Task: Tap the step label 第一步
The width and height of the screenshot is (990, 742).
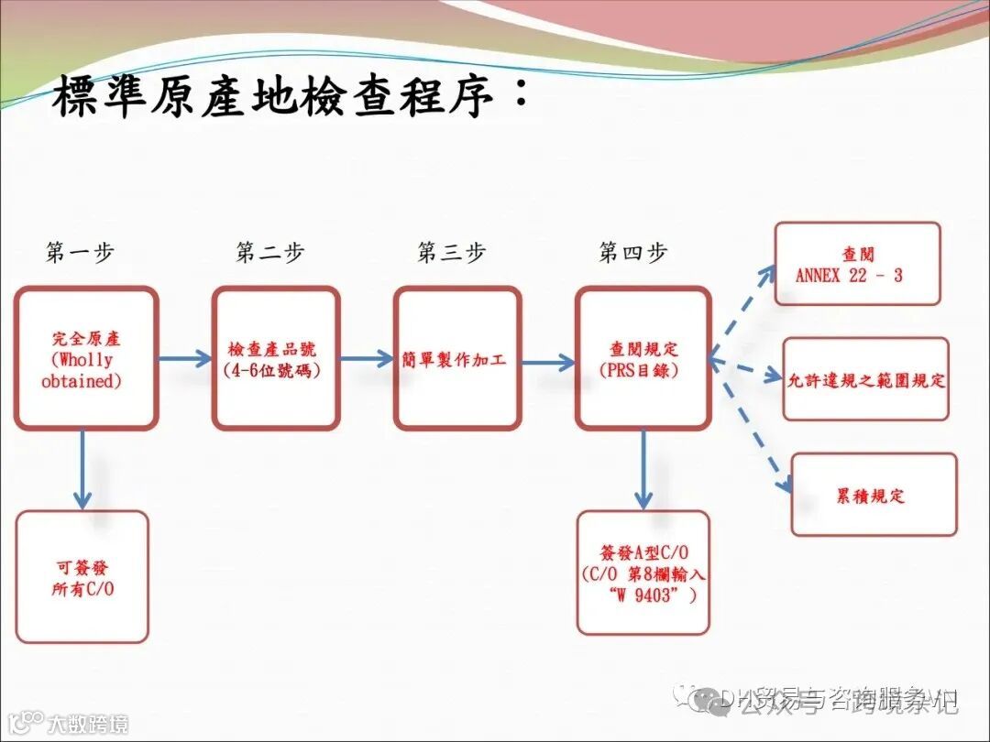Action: (81, 253)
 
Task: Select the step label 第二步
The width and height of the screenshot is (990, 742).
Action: (269, 253)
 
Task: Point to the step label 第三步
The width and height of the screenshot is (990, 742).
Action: (451, 253)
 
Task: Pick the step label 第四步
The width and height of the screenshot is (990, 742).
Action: (632, 253)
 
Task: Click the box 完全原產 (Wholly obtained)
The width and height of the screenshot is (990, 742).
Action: (85, 358)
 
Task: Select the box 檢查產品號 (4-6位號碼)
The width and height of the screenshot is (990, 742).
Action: (275, 358)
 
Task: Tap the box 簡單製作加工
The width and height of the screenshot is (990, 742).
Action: (457, 358)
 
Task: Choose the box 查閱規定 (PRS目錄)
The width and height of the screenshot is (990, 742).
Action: (643, 358)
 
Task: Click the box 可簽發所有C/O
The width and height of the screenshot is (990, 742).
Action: (82, 576)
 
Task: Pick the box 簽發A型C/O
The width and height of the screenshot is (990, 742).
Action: (643, 573)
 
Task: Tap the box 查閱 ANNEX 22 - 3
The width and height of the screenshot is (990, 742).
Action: (857, 264)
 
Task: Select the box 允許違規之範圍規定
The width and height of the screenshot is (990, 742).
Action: (865, 379)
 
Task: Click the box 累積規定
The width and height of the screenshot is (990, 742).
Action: (873, 495)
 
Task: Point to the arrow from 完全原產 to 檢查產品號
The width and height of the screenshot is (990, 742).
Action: (184, 358)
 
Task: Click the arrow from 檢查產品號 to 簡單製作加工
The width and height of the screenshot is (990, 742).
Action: (367, 358)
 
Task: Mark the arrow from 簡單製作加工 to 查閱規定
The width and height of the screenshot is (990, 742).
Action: (548, 362)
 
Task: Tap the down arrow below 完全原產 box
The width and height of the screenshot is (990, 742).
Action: (82, 469)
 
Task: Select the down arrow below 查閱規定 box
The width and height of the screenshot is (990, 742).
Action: (643, 469)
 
